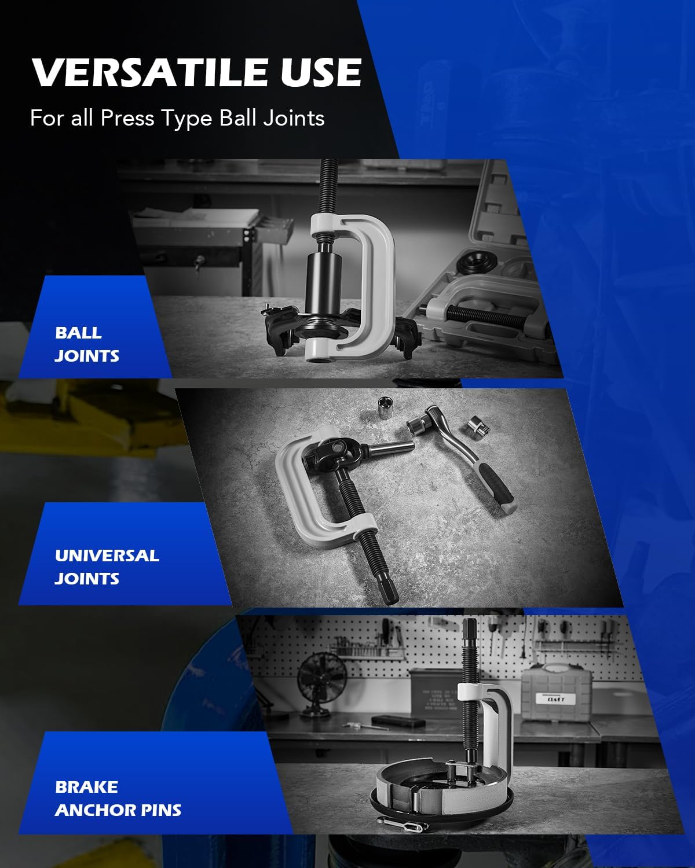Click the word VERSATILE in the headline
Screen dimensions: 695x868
click(151, 72)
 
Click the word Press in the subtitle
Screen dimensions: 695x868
click(127, 118)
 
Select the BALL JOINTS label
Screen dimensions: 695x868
click(87, 344)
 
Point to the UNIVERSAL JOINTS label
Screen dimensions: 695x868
click(107, 567)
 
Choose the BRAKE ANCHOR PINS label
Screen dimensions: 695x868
click(118, 798)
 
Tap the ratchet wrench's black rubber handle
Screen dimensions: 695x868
click(496, 487)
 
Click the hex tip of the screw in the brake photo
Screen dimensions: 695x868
click(470, 632)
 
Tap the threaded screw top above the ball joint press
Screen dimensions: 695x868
click(329, 186)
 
